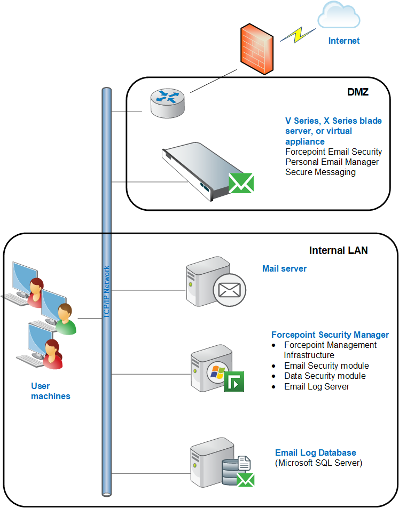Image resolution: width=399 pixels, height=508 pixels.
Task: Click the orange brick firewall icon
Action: click(x=257, y=49)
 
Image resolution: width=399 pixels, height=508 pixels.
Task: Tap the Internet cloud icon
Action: click(x=339, y=14)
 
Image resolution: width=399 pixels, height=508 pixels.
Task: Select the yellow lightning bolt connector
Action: click(x=298, y=35)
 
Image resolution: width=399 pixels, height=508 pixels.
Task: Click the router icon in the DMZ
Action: click(x=167, y=104)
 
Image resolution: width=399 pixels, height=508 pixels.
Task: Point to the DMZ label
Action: click(x=358, y=92)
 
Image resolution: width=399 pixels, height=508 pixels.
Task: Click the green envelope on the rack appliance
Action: click(x=241, y=183)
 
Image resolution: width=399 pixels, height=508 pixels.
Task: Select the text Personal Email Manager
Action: click(x=332, y=162)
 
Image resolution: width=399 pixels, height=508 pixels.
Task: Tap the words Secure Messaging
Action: click(x=320, y=172)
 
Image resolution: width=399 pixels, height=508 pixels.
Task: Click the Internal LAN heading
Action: click(x=338, y=250)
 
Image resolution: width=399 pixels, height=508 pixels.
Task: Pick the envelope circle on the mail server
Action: click(x=229, y=290)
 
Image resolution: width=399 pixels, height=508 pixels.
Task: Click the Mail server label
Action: click(x=285, y=268)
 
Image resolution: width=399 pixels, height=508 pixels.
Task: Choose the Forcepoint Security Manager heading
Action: click(x=330, y=335)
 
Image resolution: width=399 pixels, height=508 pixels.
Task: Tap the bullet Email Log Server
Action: click(x=317, y=386)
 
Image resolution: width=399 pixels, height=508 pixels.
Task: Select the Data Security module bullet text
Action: click(x=325, y=376)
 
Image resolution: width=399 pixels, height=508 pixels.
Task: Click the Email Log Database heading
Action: click(x=316, y=453)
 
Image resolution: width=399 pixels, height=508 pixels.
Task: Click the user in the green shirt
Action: click(x=66, y=319)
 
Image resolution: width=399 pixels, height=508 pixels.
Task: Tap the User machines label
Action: click(x=51, y=391)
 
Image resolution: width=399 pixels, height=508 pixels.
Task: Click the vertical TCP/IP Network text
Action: click(x=106, y=291)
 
